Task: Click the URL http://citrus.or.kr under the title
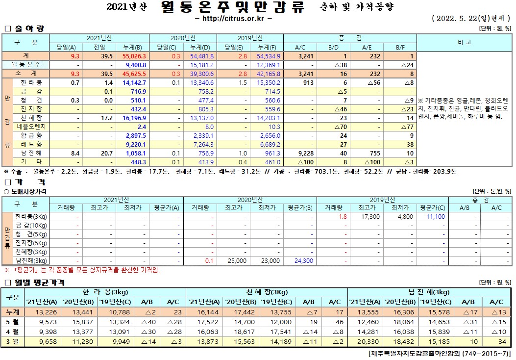point(233,19)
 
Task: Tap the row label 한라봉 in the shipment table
point(30,82)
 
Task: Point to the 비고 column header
point(464,43)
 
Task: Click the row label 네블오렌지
point(31,127)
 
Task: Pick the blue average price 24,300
point(304,260)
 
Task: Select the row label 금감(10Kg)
point(31,225)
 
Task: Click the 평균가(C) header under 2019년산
point(432,207)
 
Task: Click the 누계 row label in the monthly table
point(13,312)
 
